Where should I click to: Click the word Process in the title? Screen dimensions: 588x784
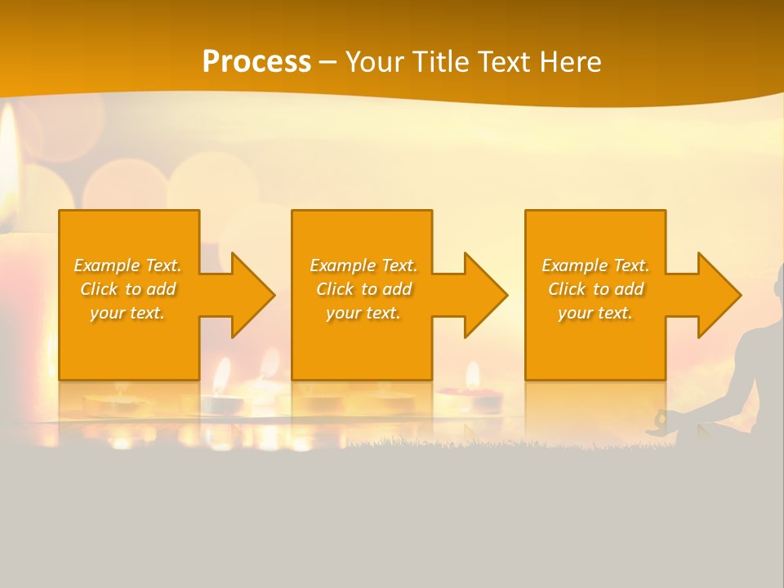[256, 62]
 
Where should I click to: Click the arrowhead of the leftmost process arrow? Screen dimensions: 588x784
[253, 295]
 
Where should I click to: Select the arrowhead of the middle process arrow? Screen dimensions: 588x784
[486, 295]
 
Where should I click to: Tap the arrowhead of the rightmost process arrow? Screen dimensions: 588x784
[719, 295]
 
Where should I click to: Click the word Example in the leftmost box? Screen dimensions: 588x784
[106, 265]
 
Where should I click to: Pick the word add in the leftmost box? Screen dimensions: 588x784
[160, 289]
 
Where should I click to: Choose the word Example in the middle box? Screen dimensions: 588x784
[342, 265]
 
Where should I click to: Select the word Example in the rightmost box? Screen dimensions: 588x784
[574, 265]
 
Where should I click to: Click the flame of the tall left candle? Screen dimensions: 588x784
[8, 163]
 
